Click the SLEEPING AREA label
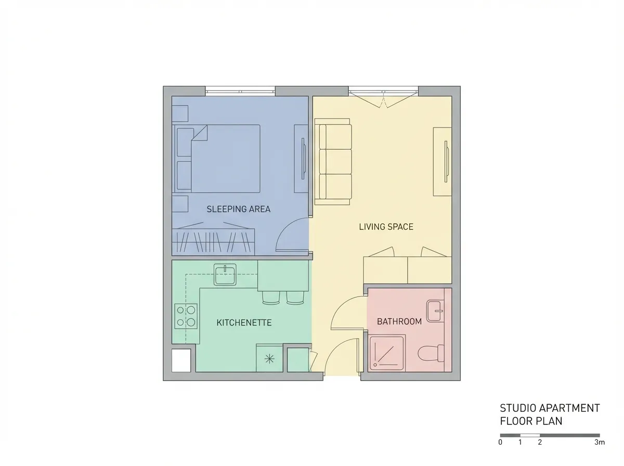click(238, 209)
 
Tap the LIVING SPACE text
click(386, 227)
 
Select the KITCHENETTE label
click(244, 322)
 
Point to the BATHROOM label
click(399, 321)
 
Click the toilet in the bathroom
click(431, 353)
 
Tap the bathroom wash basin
click(435, 311)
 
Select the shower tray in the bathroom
click(387, 353)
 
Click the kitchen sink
click(225, 275)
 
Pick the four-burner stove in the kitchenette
click(186, 316)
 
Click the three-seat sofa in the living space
click(333, 162)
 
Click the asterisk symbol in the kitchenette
click(269, 359)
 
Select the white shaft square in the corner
click(181, 360)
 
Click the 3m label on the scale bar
click(599, 443)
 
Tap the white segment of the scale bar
click(530, 435)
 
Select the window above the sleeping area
click(240, 92)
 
